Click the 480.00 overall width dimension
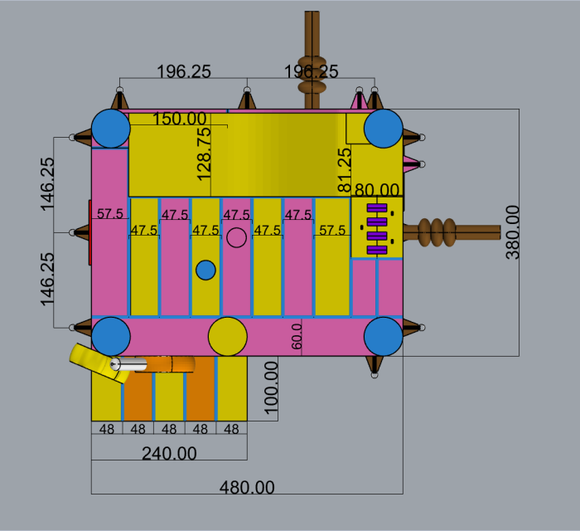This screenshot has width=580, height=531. (x=247, y=487)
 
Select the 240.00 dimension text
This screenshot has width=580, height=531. (x=169, y=453)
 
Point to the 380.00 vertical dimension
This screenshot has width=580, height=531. (x=513, y=233)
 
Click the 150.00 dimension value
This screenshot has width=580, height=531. (x=179, y=119)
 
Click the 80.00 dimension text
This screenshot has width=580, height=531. (x=377, y=191)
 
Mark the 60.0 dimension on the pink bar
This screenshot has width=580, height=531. (x=297, y=337)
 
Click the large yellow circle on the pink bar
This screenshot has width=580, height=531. (x=228, y=336)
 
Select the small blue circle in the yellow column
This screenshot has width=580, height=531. (x=205, y=270)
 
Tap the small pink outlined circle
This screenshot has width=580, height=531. (x=236, y=237)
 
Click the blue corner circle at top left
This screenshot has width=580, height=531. (x=110, y=129)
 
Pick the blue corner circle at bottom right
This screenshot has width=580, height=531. (x=383, y=336)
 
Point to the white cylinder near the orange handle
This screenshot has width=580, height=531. (x=128, y=364)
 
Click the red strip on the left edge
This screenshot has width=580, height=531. (x=89, y=232)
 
